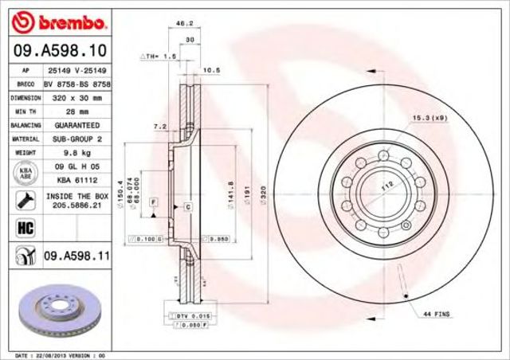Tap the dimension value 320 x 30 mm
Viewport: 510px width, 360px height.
77,97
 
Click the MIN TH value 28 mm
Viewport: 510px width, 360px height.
77,112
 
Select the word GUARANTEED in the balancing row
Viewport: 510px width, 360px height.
77,126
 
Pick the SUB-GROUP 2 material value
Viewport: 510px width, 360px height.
77,139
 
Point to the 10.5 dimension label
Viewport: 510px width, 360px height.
212,70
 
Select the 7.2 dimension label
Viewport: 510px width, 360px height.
159,126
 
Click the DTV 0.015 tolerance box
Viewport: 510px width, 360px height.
189,317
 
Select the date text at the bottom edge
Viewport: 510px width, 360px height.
60,354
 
